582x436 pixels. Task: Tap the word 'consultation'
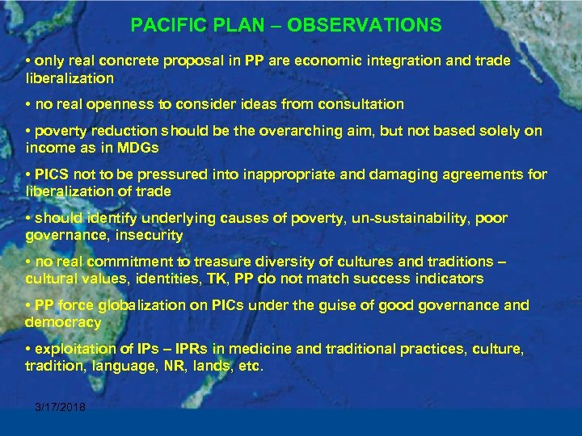(x=361, y=104)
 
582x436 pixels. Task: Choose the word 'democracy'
(x=64, y=322)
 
